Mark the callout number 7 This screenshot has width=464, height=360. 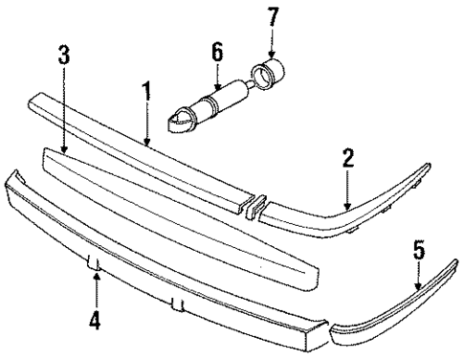click(x=274, y=17)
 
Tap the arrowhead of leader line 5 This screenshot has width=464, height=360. click(x=416, y=285)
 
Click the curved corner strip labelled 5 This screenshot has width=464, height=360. click(x=402, y=306)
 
